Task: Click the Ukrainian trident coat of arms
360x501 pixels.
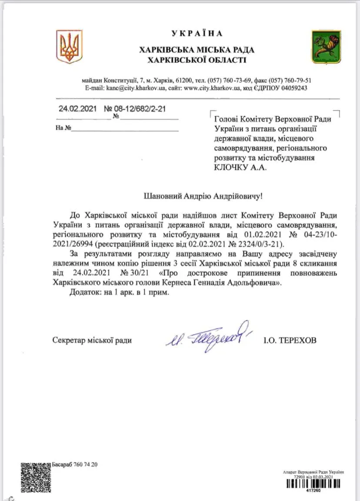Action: coord(69,46)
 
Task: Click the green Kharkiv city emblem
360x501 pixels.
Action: coord(326,47)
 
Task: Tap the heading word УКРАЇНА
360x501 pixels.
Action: coord(197,33)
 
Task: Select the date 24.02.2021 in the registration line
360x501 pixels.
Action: coord(77,109)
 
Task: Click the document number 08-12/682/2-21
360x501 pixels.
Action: coord(140,109)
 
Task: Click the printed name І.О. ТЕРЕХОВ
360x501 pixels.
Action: coord(290,340)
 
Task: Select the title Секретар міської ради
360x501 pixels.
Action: coord(92,340)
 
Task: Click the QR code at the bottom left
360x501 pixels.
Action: coord(36,477)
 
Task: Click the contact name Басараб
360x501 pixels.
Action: coord(63,465)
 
